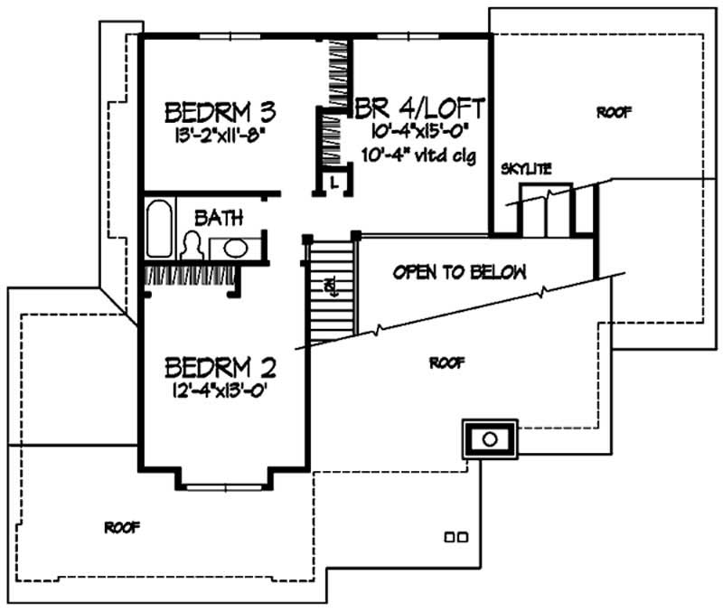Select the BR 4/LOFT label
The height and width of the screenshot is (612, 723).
point(421,107)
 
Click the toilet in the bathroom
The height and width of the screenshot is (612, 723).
point(192,246)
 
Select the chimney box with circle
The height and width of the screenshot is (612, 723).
point(489,439)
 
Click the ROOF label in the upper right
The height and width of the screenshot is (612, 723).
point(614,113)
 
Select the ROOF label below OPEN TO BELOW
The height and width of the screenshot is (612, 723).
point(447,362)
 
